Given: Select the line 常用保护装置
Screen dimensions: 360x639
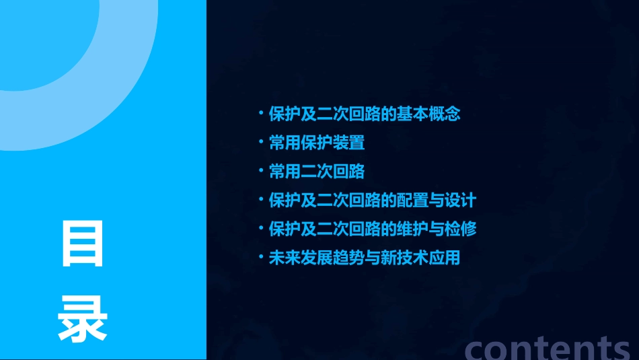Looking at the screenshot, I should (317, 143).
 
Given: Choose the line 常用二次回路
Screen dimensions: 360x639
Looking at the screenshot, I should (317, 172).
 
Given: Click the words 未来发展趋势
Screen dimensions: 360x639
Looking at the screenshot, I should (309, 258).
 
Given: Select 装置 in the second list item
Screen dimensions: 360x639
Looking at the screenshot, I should (348, 143).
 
